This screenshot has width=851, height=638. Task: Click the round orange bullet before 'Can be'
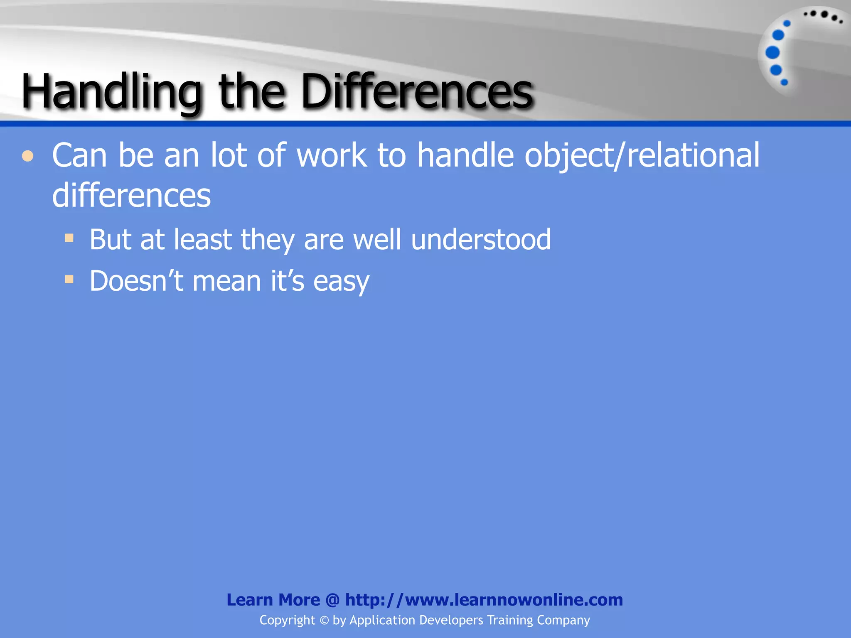click(28, 157)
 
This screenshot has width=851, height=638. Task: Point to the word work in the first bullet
click(332, 155)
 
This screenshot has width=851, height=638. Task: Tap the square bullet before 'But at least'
click(69, 238)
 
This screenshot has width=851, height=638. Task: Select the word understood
click(481, 240)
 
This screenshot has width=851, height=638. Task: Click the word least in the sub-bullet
click(203, 240)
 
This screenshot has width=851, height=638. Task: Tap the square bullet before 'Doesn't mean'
click(69, 279)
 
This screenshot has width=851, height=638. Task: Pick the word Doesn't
click(136, 281)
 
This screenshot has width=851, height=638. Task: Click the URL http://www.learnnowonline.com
click(484, 600)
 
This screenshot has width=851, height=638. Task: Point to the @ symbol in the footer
click(332, 600)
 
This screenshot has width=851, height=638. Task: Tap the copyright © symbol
click(324, 621)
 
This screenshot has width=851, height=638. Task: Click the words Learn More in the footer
click(273, 600)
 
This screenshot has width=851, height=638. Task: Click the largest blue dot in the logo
click(772, 53)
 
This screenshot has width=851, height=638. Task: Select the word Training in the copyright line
click(509, 620)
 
